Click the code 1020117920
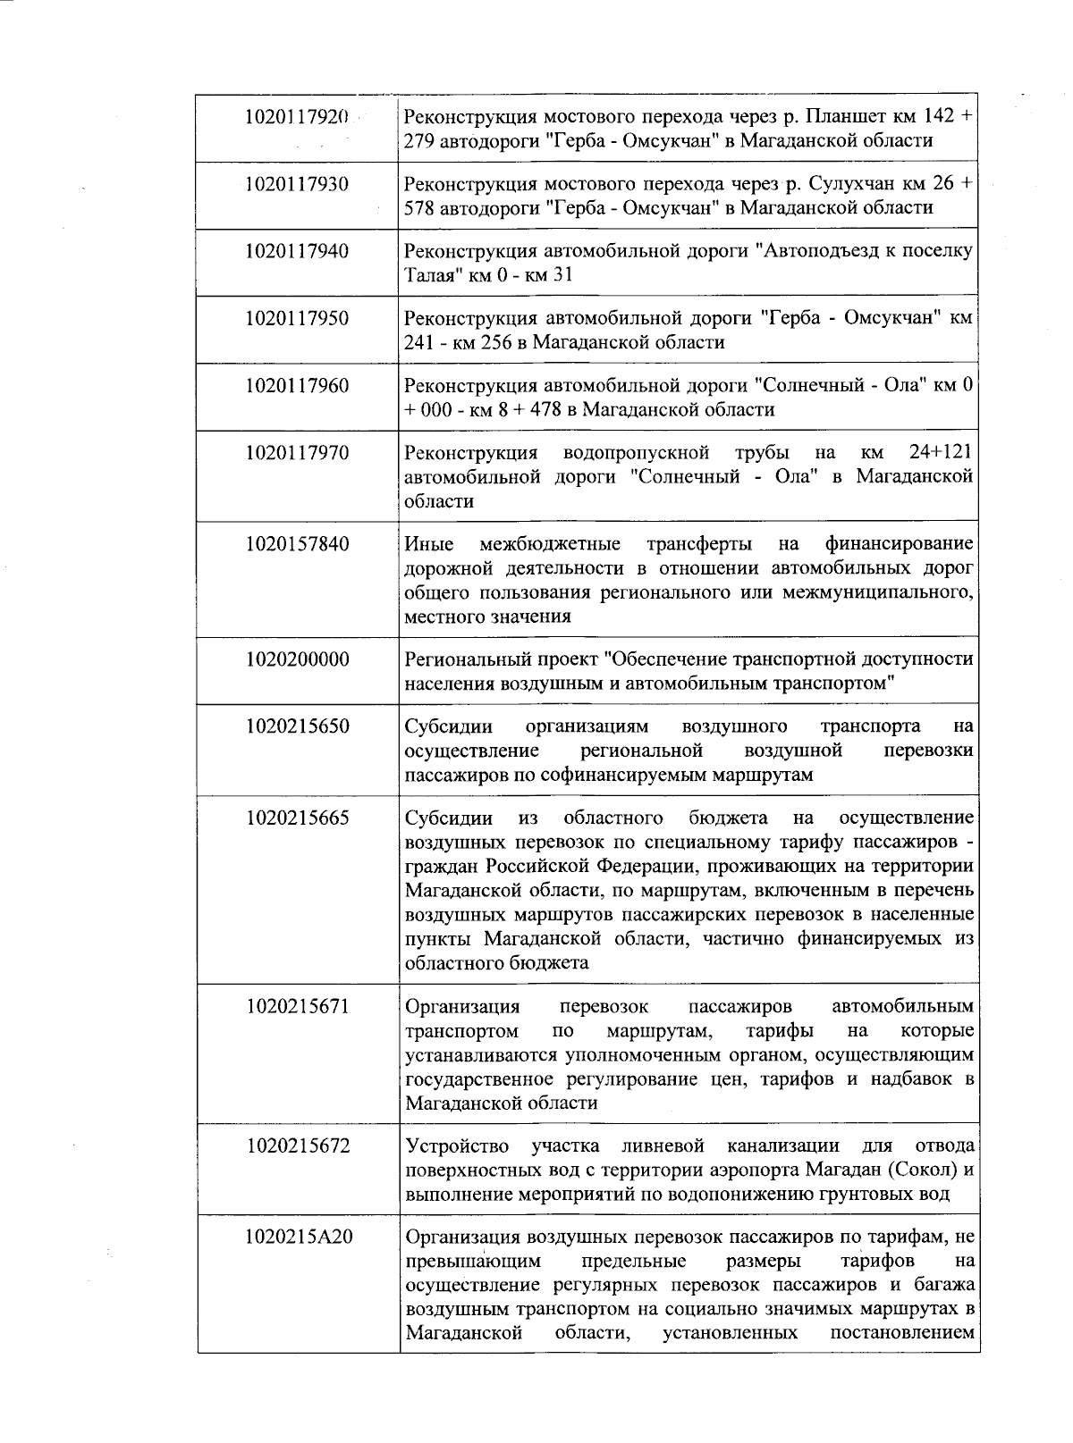[297, 116]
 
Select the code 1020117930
[297, 184]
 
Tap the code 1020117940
[297, 251]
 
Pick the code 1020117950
[297, 318]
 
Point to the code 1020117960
[297, 386]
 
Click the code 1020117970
[297, 453]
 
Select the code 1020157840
[297, 544]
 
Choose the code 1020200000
[297, 659]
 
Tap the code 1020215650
[297, 726]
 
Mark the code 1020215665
[297, 818]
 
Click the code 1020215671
[297, 1007]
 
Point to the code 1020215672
[297, 1146]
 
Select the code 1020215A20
[297, 1237]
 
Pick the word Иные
[429, 544]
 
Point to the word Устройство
[457, 1146]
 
